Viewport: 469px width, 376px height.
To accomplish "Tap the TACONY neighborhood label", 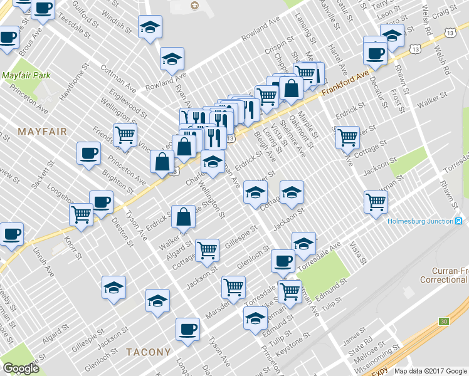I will (148, 352).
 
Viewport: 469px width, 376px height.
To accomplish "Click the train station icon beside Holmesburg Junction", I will (460, 221).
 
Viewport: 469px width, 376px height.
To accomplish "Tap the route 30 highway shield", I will (444, 321).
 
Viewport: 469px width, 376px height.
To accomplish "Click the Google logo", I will (21, 368).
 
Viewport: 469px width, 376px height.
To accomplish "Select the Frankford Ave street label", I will (345, 83).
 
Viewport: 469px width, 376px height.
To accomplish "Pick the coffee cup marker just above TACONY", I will (187, 329).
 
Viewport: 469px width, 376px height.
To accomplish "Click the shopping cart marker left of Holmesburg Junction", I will (376, 202).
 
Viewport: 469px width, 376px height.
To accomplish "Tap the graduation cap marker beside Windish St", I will (150, 27).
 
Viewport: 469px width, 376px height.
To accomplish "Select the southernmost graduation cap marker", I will (255, 318).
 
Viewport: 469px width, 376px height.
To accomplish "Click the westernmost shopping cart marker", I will (82, 214).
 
